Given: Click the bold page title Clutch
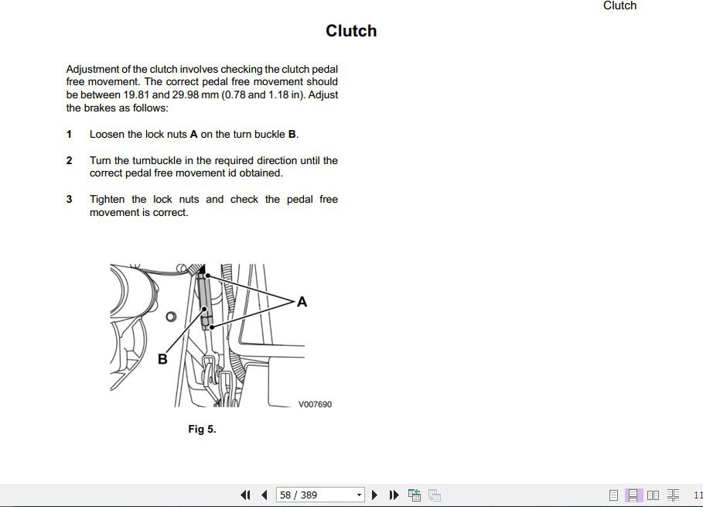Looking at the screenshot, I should coord(351,31).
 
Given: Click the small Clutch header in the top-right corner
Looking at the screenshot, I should coord(619,6).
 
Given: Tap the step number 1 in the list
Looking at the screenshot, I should coord(70,134).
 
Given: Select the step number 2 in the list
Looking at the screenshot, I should coord(70,160).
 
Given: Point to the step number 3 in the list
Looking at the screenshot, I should coord(70,199).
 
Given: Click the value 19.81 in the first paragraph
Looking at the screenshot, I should coord(137,95).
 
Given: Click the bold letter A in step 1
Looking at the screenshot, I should coord(193,134).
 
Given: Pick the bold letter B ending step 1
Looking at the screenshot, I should coord(292,134).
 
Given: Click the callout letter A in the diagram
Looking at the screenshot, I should coord(302,302).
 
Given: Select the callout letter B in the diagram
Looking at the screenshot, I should coord(162,359).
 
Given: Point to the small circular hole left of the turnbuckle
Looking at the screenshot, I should coord(171,316).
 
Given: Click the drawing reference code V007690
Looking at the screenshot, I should coord(315,404).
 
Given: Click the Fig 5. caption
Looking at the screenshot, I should coord(202,429).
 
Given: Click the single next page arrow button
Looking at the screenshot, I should coord(375,495).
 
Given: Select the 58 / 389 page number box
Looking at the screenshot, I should coord(319,495).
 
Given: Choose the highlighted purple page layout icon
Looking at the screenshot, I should coord(633,495).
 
